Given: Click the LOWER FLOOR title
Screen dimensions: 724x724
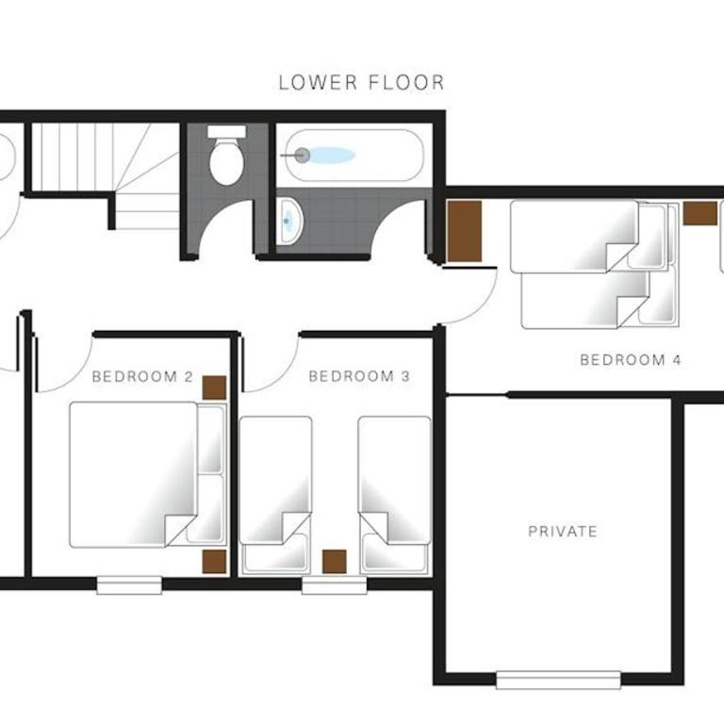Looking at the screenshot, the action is pyautogui.click(x=362, y=83).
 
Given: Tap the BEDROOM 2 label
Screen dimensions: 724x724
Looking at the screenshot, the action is pyautogui.click(x=142, y=377).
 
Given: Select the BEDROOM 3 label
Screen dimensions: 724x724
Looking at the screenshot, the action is pyautogui.click(x=359, y=376).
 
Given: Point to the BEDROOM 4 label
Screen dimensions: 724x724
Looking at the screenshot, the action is pyautogui.click(x=631, y=360).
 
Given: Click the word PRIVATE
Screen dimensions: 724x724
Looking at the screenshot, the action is pyautogui.click(x=563, y=531).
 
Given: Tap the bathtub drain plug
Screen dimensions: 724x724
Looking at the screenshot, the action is pyautogui.click(x=302, y=156).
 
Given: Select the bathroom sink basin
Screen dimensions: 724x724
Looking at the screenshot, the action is pyautogui.click(x=289, y=222).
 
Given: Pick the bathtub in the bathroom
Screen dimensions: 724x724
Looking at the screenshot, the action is pyautogui.click(x=354, y=156).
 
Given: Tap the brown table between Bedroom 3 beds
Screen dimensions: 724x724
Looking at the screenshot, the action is pyautogui.click(x=335, y=562).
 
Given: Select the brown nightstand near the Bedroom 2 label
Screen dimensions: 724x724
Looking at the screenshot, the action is pyautogui.click(x=214, y=387).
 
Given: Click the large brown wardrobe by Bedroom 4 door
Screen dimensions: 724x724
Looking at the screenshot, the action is pyautogui.click(x=465, y=231).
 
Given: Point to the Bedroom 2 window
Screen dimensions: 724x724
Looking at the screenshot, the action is pyautogui.click(x=129, y=585).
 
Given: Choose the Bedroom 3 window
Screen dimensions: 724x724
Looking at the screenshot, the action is pyautogui.click(x=335, y=585).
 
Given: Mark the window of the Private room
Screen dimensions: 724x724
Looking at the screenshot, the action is pyautogui.click(x=558, y=680).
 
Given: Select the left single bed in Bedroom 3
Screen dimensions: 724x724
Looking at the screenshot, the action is pyautogui.click(x=275, y=495).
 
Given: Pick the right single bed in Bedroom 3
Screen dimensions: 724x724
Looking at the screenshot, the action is pyautogui.click(x=394, y=495).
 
